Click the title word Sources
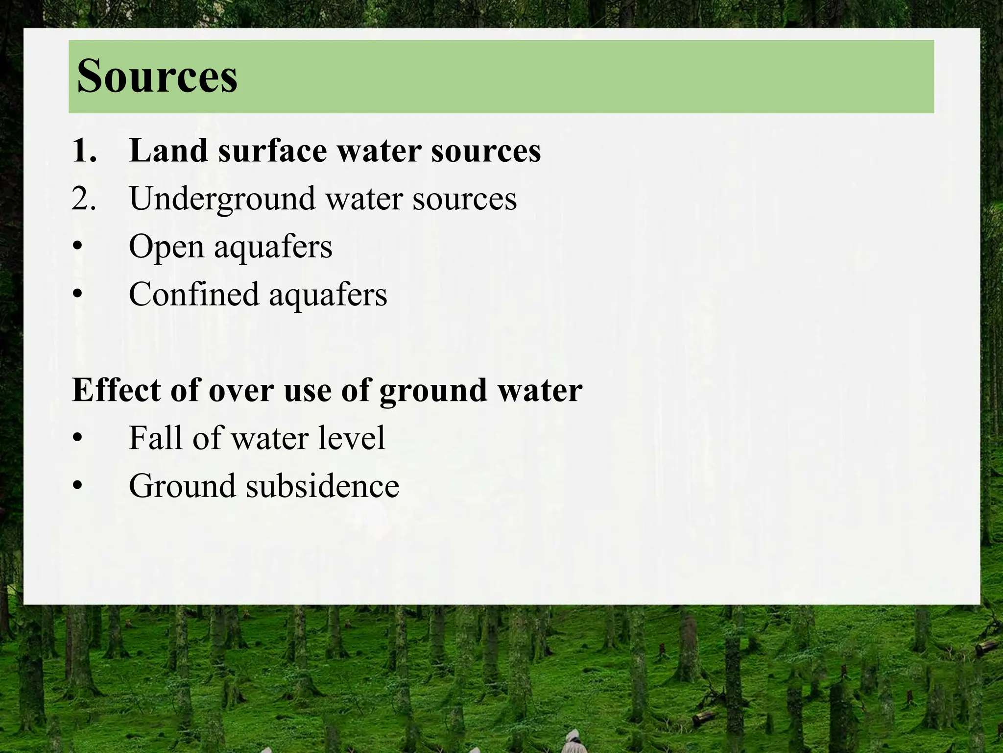157,76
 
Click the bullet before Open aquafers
77,247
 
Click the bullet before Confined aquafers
77,295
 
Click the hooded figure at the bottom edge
572,740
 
